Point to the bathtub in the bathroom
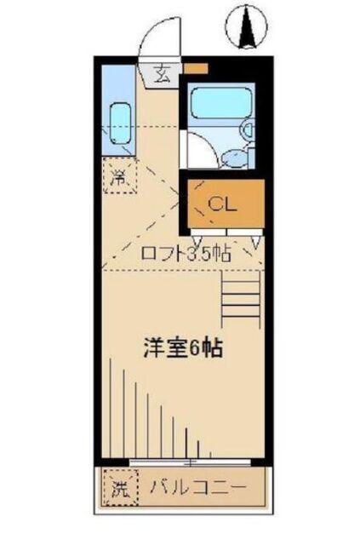coord(217,105)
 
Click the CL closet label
coord(222,204)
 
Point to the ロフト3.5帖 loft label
coord(186,252)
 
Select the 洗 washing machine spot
coord(118,490)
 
